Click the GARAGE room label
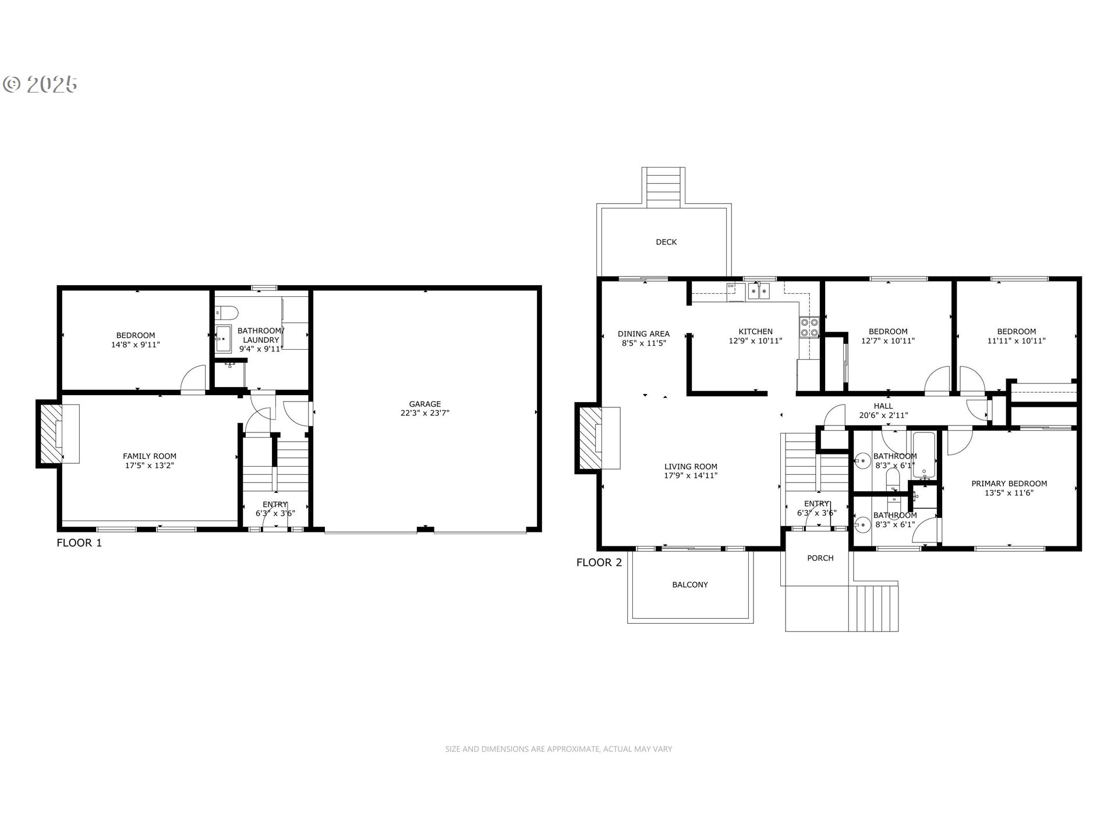[x=424, y=403]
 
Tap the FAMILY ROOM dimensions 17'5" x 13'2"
[x=150, y=466]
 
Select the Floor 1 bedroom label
[x=136, y=335]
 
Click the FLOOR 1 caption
[x=79, y=543]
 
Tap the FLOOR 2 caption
[x=599, y=562]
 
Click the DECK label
[x=666, y=242]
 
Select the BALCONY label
[x=690, y=584]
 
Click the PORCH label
[x=820, y=558]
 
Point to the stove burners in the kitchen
[x=809, y=327]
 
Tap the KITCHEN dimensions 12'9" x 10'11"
[x=755, y=341]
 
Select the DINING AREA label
[x=643, y=333]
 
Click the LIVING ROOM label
[x=691, y=466]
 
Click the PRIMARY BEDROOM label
[x=1009, y=483]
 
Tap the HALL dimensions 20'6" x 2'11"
[x=883, y=416]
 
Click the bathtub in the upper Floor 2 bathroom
[x=924, y=454]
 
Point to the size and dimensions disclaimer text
[x=558, y=749]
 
